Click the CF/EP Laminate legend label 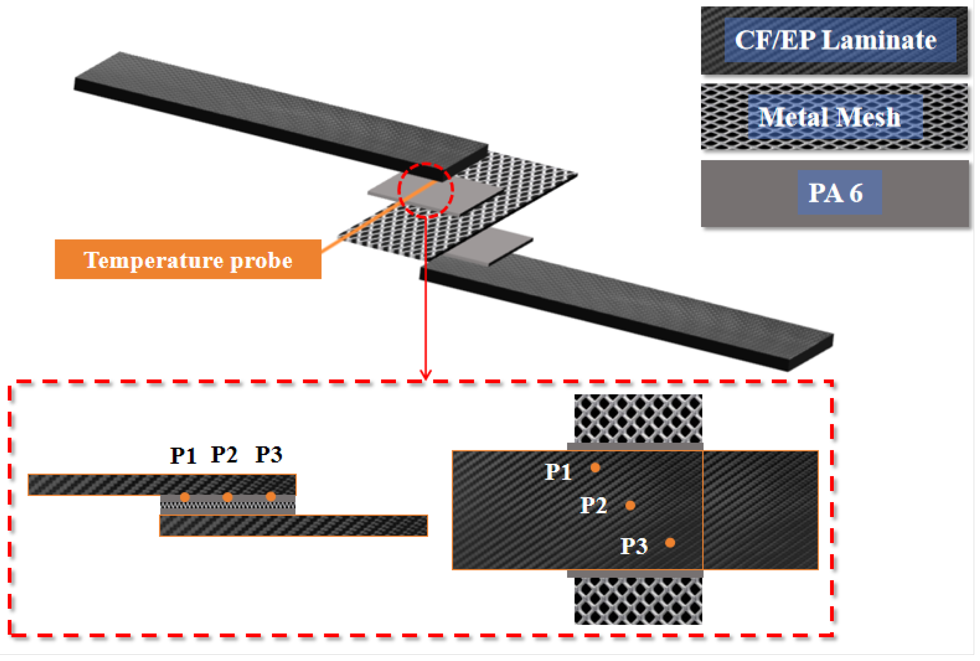[x=835, y=40]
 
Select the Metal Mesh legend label [x=829, y=117]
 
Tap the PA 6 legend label [x=835, y=193]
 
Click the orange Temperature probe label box [x=188, y=260]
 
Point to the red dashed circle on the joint [x=426, y=190]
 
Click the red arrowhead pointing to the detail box [x=425, y=374]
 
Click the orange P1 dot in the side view [x=185, y=497]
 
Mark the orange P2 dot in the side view [x=227, y=497]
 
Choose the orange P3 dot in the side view [x=271, y=497]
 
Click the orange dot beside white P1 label [x=595, y=468]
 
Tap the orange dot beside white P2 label [x=630, y=506]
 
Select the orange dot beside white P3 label [x=670, y=543]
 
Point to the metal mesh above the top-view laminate [x=638, y=418]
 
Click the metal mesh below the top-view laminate [x=638, y=601]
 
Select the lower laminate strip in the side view [x=293, y=526]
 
